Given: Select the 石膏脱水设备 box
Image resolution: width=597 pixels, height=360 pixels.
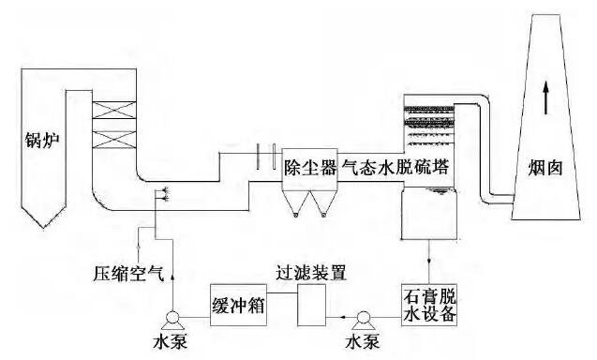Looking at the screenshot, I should coord(429,305).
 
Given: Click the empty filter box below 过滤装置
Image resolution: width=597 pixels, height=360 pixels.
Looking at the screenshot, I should coord(310,305).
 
